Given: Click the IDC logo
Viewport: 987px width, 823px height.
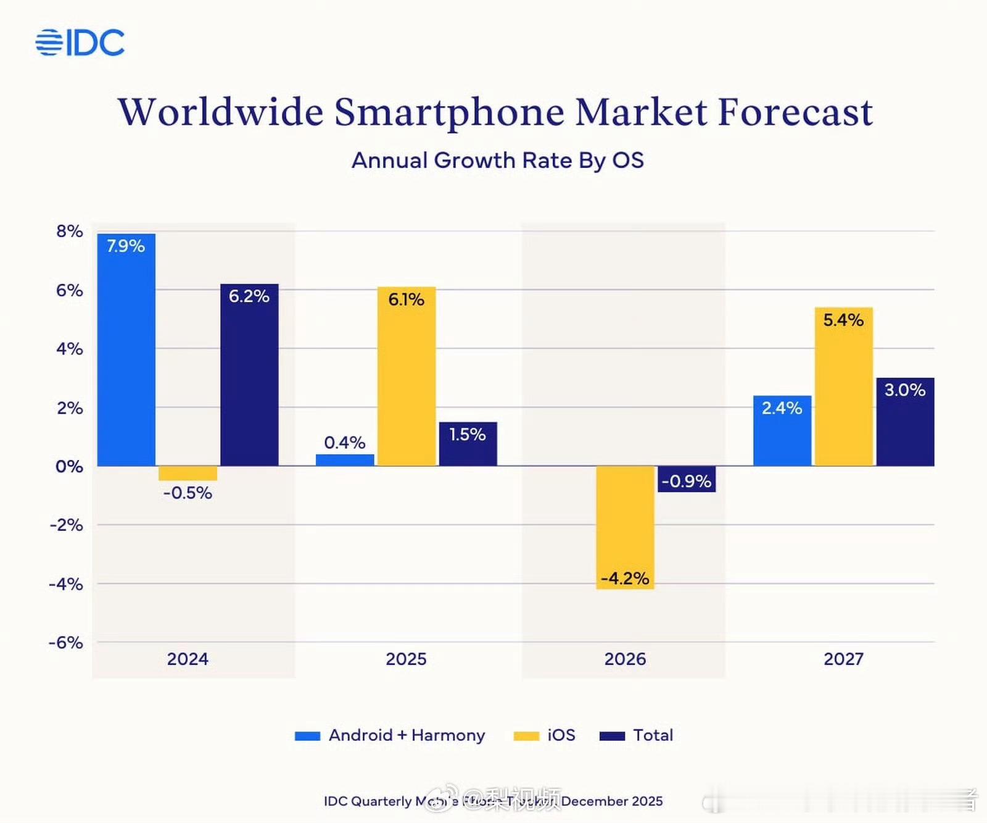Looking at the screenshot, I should click(80, 43).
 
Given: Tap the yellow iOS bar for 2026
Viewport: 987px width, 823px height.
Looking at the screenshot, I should click(625, 525).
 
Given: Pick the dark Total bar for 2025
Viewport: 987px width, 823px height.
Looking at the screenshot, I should click(468, 445).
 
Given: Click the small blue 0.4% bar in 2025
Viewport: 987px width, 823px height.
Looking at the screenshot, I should click(345, 460).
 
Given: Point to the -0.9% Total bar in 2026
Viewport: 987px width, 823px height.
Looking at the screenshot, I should click(687, 479).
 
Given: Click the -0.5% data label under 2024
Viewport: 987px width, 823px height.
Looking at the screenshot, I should click(188, 493).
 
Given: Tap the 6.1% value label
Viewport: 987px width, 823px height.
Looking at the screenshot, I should click(406, 299).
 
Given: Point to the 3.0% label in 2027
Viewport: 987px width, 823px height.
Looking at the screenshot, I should click(904, 390).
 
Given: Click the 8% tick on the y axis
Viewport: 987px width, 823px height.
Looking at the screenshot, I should click(69, 232).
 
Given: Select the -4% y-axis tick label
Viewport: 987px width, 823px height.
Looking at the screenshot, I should click(66, 584).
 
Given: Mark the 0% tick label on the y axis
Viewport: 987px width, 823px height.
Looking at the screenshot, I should click(69, 466).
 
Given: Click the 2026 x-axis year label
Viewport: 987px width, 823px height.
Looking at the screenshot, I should click(625, 659).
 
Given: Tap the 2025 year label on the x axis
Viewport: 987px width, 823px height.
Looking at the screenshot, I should click(406, 659).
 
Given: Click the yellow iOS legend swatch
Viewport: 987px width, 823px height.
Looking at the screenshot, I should click(526, 736).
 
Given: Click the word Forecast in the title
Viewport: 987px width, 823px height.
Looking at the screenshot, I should click(795, 112).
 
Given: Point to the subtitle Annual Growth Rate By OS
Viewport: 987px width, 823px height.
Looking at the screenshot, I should click(497, 161).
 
